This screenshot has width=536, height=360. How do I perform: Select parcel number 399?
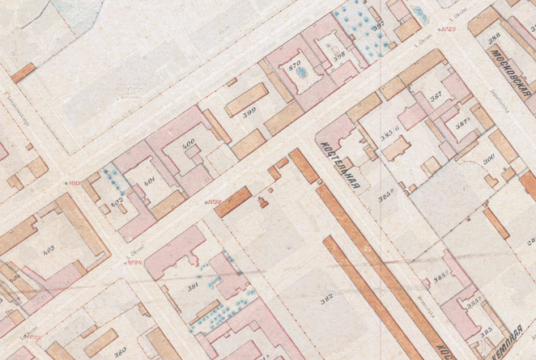coord(249,112)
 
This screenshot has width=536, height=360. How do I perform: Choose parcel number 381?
coord(194,287)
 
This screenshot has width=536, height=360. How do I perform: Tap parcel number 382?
coord(326,299)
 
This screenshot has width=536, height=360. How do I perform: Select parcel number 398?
coord(339,55)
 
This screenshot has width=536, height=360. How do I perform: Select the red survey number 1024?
coord(134,262)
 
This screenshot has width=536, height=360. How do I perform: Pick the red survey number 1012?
coord(76,184)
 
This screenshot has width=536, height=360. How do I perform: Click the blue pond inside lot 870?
coord(303,74)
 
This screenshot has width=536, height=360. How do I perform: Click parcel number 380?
coord(119,353)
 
